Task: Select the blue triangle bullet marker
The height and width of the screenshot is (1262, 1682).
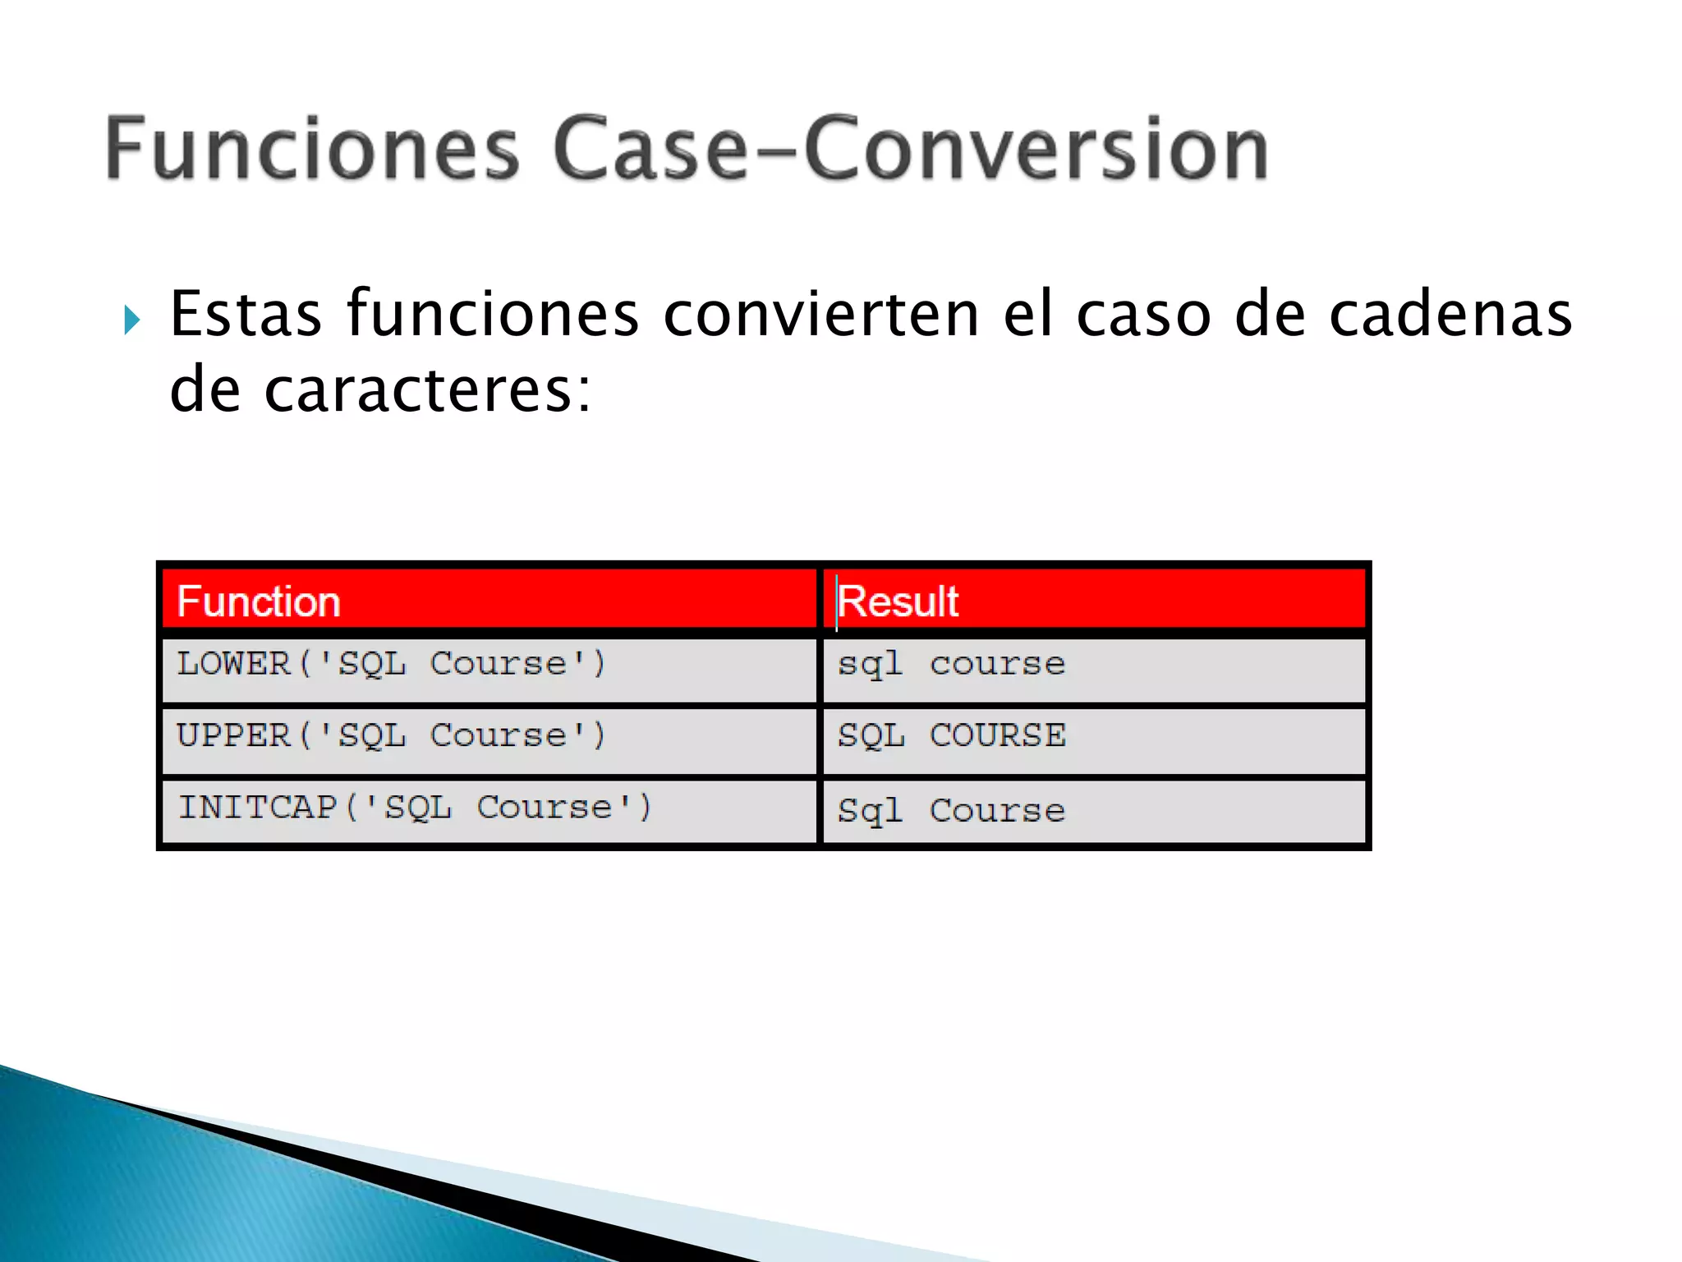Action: click(131, 319)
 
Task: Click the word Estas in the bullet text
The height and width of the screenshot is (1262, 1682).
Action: click(246, 314)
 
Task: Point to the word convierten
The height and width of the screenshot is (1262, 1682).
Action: click(821, 314)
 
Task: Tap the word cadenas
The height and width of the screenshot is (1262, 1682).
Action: click(1450, 314)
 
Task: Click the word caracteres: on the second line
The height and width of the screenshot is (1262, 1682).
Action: click(427, 389)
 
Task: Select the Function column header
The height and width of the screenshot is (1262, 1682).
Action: click(259, 601)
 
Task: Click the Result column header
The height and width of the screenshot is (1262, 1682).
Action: click(898, 601)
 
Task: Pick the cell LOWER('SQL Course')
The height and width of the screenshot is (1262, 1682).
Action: click(392, 664)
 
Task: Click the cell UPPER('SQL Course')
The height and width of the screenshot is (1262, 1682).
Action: click(392, 735)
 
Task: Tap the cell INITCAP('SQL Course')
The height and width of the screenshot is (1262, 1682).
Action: click(415, 808)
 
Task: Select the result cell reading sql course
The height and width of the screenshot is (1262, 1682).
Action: click(951, 664)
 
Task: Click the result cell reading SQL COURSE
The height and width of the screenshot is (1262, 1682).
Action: click(951, 735)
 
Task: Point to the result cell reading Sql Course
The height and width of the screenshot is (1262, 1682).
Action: click(951, 811)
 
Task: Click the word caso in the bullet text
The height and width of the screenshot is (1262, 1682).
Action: click(1143, 314)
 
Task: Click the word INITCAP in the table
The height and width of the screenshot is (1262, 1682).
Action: click(258, 808)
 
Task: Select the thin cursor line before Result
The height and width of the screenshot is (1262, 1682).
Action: click(836, 603)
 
